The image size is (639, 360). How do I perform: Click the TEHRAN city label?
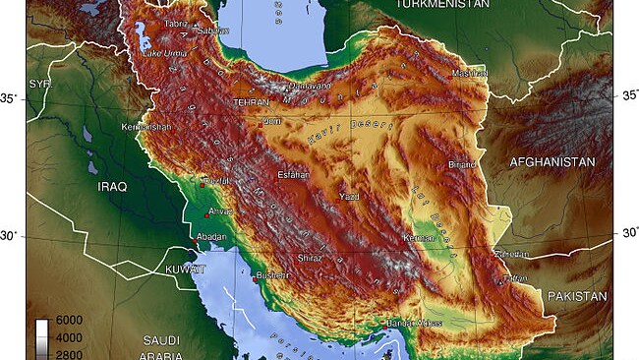pos(251,102)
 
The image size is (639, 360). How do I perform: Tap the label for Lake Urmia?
pos(165,52)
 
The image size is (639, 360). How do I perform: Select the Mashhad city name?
pos(469,74)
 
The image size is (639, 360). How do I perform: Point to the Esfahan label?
pos(293,174)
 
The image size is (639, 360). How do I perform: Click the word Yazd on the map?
pos(349,197)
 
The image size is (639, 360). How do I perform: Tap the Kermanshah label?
pos(145,128)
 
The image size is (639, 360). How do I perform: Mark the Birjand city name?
pos(462,164)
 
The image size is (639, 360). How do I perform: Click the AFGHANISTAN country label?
pos(552,161)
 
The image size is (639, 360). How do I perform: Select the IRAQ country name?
pos(112,186)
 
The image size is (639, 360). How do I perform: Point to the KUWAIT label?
pos(184,269)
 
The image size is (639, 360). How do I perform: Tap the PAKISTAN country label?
pos(578,295)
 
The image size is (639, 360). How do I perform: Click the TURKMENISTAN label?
pos(442,5)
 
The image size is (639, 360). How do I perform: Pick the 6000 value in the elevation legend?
pos(68,322)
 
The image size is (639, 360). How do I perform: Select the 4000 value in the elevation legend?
pos(68,336)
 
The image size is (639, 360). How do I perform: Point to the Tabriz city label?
pos(176,24)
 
